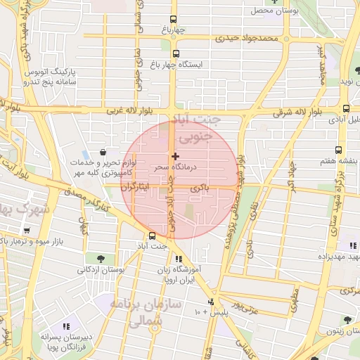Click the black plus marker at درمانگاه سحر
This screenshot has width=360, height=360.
pos(175,155)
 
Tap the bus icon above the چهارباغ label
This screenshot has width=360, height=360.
pos(174,20)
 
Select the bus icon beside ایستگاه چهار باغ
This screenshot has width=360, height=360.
pos(176,53)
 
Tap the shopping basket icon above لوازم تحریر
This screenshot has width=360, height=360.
pos(103,151)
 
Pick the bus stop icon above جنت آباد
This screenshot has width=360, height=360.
pos(153,236)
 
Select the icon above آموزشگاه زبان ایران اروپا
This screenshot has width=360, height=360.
pos(178,259)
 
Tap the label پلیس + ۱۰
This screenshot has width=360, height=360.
pos(231,311)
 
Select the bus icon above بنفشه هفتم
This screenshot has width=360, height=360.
pos(339,150)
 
